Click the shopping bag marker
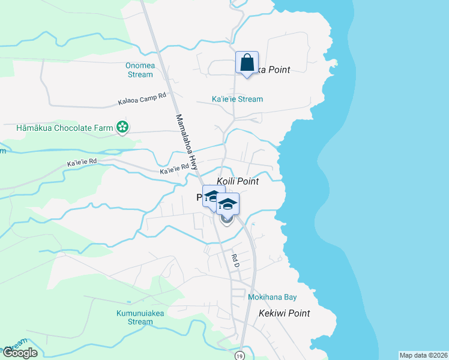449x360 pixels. [247, 62]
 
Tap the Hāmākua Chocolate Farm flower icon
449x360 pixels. [122, 127]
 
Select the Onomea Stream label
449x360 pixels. [140, 70]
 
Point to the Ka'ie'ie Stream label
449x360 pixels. [237, 99]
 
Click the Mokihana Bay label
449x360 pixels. [273, 297]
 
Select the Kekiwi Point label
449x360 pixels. [284, 313]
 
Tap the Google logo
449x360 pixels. [19, 353]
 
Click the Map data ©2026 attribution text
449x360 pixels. [423, 355]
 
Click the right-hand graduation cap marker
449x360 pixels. [228, 204]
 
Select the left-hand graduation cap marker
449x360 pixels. [212, 196]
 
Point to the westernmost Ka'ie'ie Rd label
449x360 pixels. [82, 163]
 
